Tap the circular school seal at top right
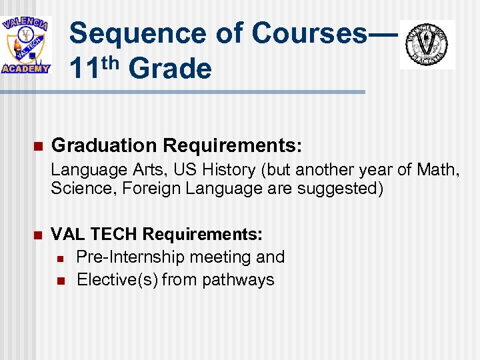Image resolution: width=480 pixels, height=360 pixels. pyautogui.click(x=427, y=44)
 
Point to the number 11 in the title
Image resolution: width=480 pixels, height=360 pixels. pyautogui.click(x=85, y=68)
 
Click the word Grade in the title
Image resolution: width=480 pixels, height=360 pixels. pyautogui.click(x=169, y=68)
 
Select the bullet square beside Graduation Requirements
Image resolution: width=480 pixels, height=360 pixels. pyautogui.click(x=37, y=146)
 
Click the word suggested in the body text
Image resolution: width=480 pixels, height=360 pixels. pyautogui.click(x=336, y=189)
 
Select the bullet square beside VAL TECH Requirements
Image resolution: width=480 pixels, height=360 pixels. pyautogui.click(x=37, y=235)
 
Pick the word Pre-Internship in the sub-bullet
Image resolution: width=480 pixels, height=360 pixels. pyautogui.click(x=131, y=257)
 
